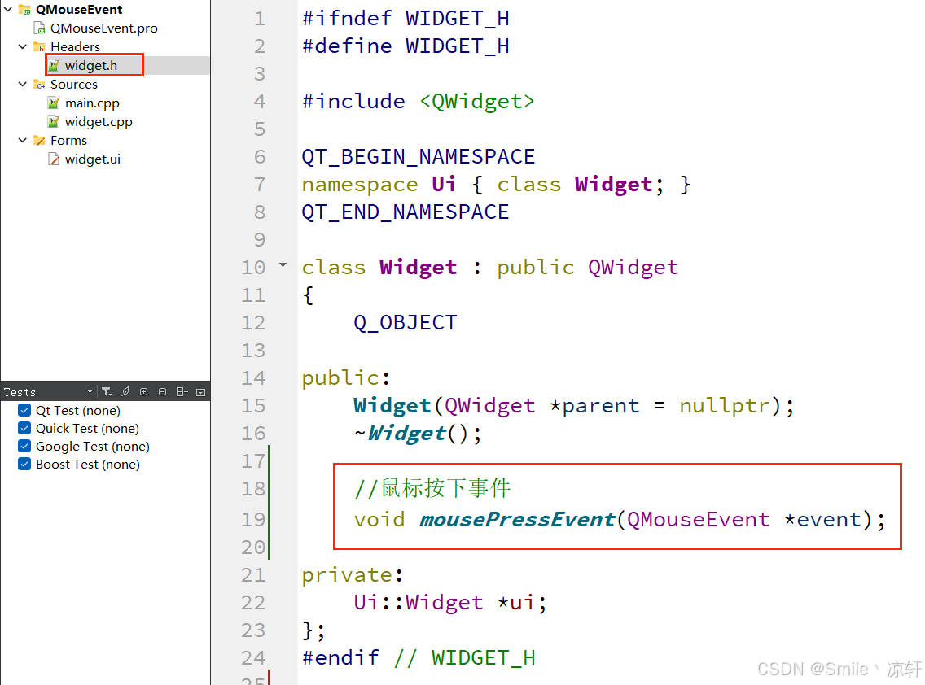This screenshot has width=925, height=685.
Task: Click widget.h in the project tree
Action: [90, 66]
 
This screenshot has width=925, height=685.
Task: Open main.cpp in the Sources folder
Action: [92, 103]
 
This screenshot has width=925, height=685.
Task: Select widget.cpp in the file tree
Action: [98, 122]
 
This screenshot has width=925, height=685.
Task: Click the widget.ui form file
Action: [92, 159]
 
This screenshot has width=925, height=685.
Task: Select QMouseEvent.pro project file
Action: [103, 28]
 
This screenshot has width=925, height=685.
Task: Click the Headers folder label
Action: [75, 47]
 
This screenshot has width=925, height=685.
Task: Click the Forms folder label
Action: [68, 141]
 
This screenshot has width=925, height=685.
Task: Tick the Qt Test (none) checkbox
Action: [24, 411]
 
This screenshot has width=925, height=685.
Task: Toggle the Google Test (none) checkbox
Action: [24, 447]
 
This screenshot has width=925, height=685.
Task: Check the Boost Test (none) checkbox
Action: [24, 465]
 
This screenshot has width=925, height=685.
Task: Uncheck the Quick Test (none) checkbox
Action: [24, 429]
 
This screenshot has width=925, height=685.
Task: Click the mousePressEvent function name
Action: [516, 519]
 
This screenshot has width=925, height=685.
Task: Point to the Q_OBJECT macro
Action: [405, 322]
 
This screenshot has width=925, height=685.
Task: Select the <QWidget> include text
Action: [477, 101]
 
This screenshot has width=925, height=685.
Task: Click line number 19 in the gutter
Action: [253, 519]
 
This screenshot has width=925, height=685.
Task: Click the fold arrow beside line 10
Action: [283, 265]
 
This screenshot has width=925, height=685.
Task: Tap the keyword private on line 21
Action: [347, 574]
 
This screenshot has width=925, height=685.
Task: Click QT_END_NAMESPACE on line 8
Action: [405, 212]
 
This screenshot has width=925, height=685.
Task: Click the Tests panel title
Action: [20, 392]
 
